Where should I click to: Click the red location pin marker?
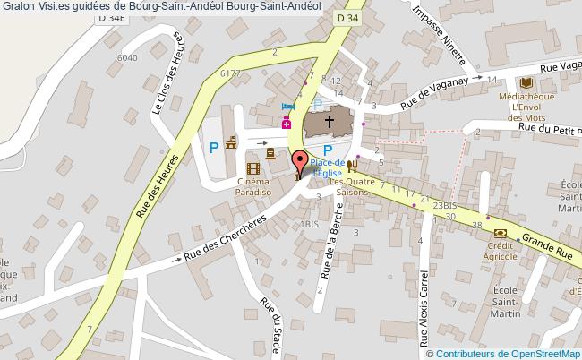click(299, 161)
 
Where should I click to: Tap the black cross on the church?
click(329, 121)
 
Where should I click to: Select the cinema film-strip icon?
click(253, 167)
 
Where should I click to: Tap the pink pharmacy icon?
click(287, 123)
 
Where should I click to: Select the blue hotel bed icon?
click(287, 106)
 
